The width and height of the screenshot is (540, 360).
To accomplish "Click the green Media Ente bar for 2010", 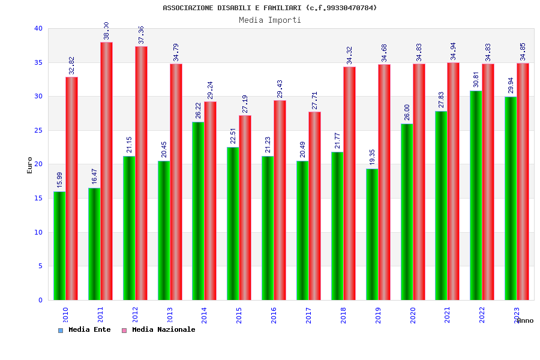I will point(59,246).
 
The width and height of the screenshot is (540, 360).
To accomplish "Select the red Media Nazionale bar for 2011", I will point(106,171).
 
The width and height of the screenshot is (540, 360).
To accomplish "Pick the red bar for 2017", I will point(314,206).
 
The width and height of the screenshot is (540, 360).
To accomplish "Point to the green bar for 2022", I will point(476,196).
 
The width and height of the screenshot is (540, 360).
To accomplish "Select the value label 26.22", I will point(198,110).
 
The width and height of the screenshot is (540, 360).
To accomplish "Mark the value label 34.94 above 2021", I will point(454,51).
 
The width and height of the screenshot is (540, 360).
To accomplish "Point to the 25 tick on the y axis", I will point(38,130).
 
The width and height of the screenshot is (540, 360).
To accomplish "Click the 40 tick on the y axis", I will point(38,28).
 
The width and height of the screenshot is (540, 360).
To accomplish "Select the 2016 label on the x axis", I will point(274,315).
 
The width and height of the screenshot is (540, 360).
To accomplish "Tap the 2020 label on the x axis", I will point(413,315).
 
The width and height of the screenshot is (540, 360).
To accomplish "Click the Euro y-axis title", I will point(30,165).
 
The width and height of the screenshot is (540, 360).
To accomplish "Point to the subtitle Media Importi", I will point(270,20).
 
